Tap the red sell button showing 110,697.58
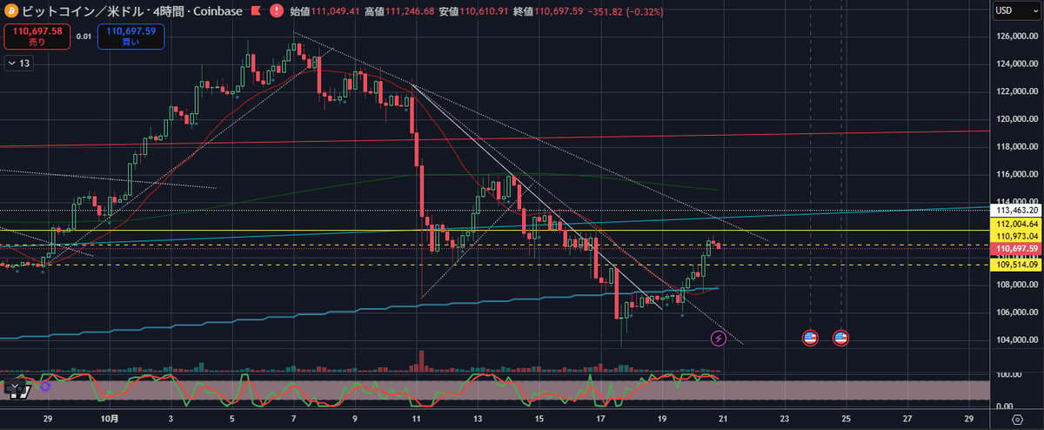[x=35, y=37]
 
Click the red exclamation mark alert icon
[x=276, y=11]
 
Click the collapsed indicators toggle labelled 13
[x=19, y=63]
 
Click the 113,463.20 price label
[x=1017, y=210]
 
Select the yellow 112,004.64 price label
[x=1017, y=224]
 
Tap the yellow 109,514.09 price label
[x=1017, y=265]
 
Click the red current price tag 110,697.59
[x=1017, y=249]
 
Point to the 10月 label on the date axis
[x=106, y=419]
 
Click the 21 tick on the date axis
[x=722, y=419]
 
